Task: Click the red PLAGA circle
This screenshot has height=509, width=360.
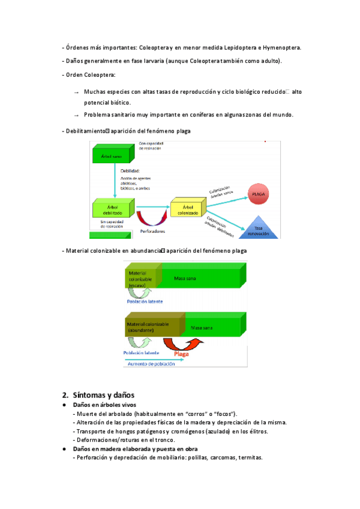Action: [259, 194]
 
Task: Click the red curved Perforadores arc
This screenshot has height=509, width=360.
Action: [149, 218]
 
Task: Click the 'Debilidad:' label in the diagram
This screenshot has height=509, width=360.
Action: [131, 171]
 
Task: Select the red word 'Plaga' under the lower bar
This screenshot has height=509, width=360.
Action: [181, 354]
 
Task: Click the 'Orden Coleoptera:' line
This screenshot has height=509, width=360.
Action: [89, 75]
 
